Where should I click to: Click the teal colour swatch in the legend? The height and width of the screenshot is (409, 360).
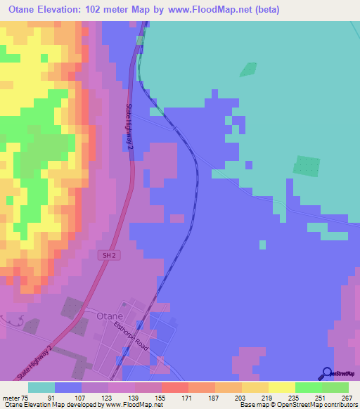(x=41, y=387)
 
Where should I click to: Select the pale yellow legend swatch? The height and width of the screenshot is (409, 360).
(x=281, y=387)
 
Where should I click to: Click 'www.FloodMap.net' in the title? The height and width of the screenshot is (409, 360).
(x=205, y=9)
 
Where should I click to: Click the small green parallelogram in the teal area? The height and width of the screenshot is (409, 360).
(x=248, y=70)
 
